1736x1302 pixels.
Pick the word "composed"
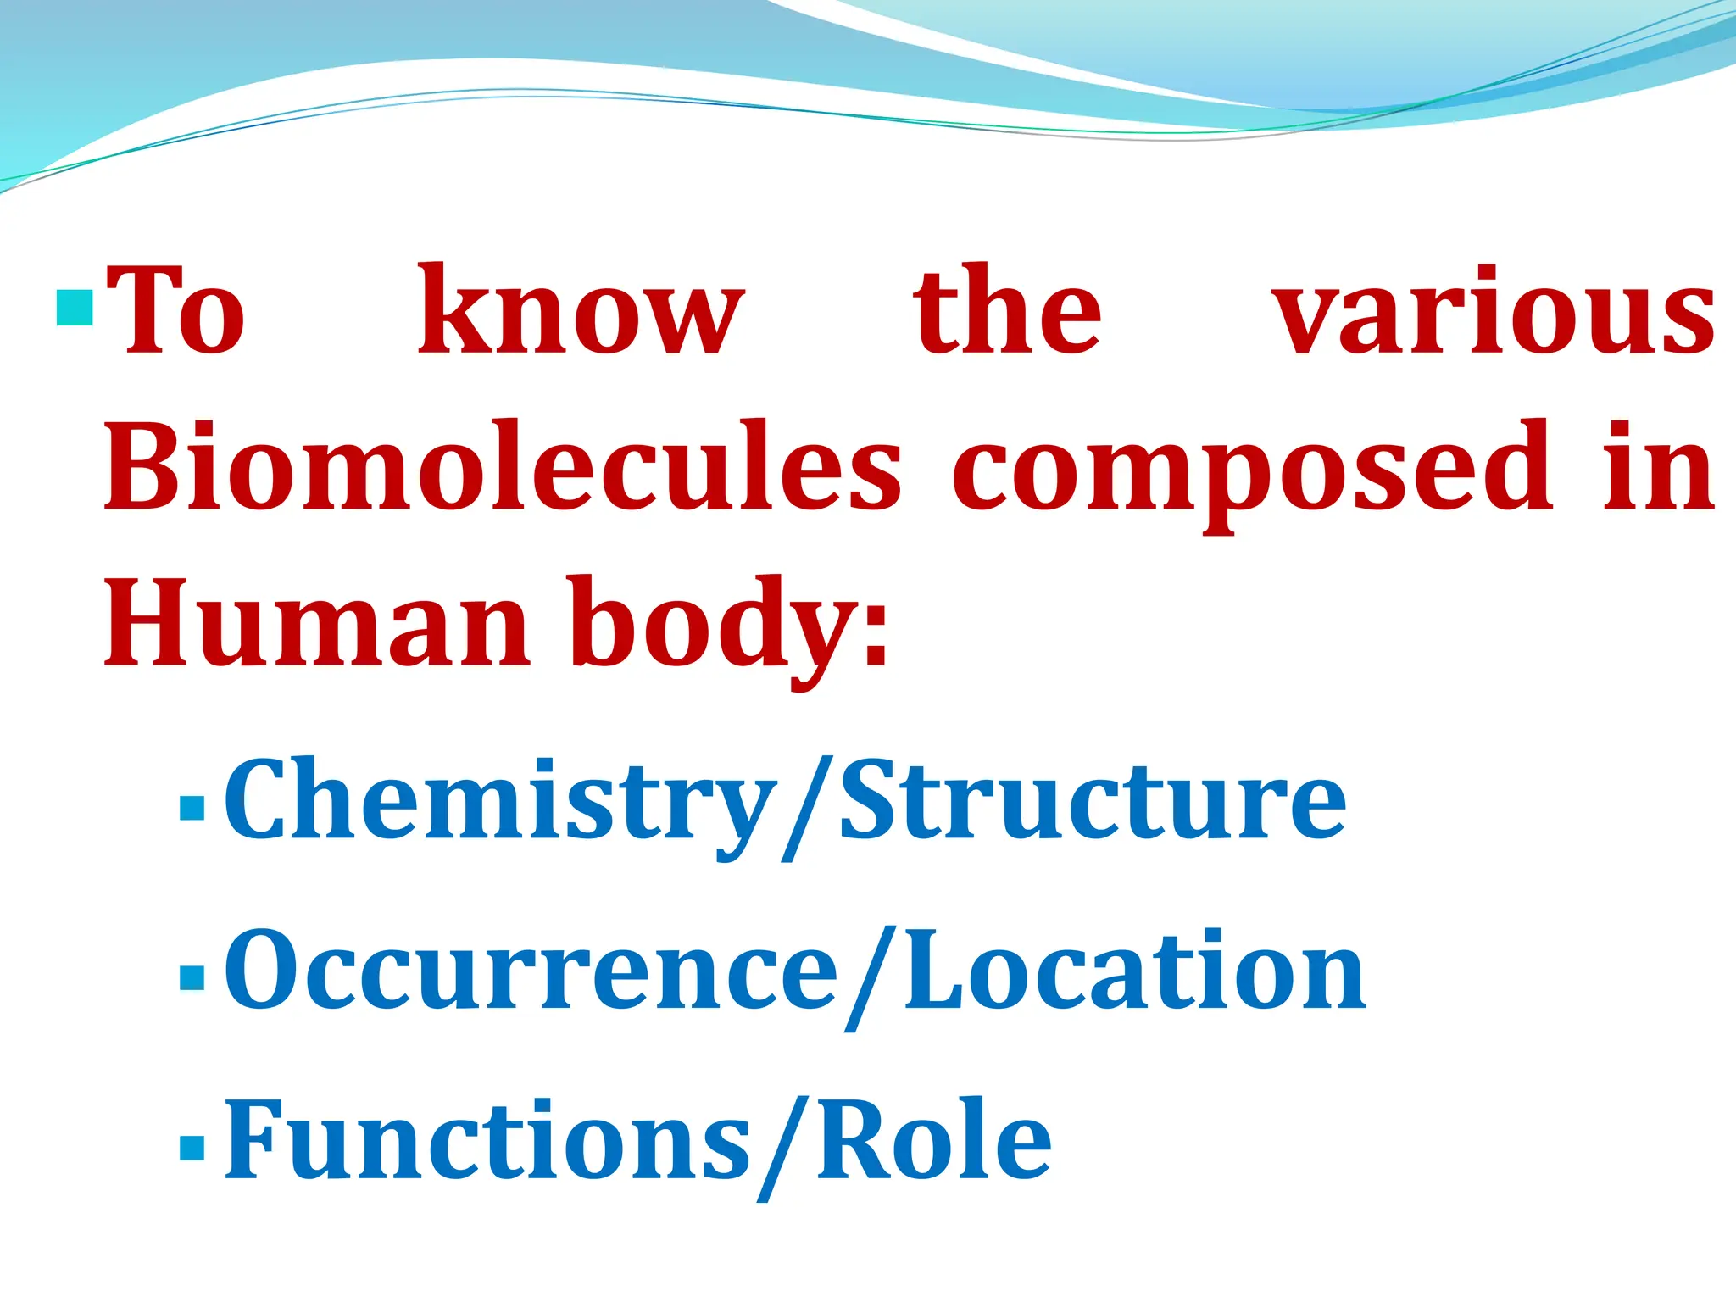1254,471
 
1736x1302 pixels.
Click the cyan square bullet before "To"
75,309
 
